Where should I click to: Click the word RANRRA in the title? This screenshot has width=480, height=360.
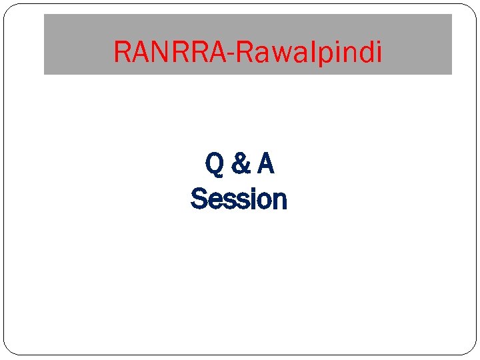(x=170, y=51)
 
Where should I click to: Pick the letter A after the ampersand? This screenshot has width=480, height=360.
(x=265, y=164)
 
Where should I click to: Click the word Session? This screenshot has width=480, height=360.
(x=239, y=199)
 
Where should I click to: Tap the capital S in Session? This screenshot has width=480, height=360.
(x=197, y=199)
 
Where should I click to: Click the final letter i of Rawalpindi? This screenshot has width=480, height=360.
(x=379, y=51)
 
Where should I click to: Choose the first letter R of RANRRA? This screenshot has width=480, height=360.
(x=122, y=51)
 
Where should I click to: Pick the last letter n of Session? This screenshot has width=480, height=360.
(x=280, y=200)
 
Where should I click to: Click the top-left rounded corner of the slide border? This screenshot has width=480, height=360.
(x=8, y=8)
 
